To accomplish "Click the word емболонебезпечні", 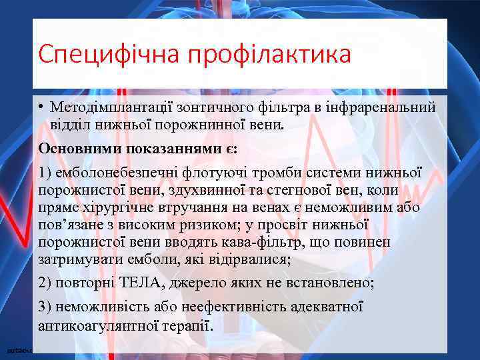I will [114, 173].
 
